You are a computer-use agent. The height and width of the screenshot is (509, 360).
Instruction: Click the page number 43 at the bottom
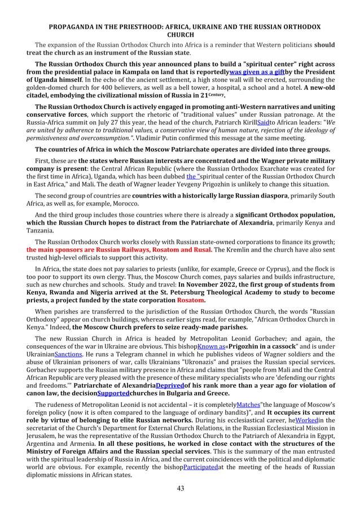(180, 488)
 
